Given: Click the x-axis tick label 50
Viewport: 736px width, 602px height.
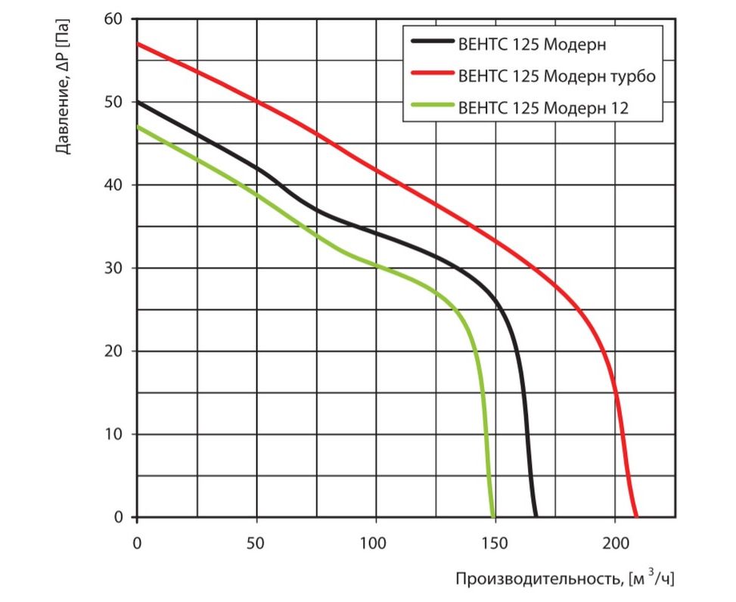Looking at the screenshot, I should [x=256, y=542].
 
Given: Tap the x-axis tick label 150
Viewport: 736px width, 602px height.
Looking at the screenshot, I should [x=495, y=542].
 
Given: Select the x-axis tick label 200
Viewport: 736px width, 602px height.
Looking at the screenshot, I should [x=615, y=542].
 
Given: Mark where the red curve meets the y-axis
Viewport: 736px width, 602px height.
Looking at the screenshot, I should [x=137, y=44].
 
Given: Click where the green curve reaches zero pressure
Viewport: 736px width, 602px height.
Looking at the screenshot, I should [x=493, y=517].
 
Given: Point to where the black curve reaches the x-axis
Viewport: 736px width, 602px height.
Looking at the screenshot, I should [x=536, y=517].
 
